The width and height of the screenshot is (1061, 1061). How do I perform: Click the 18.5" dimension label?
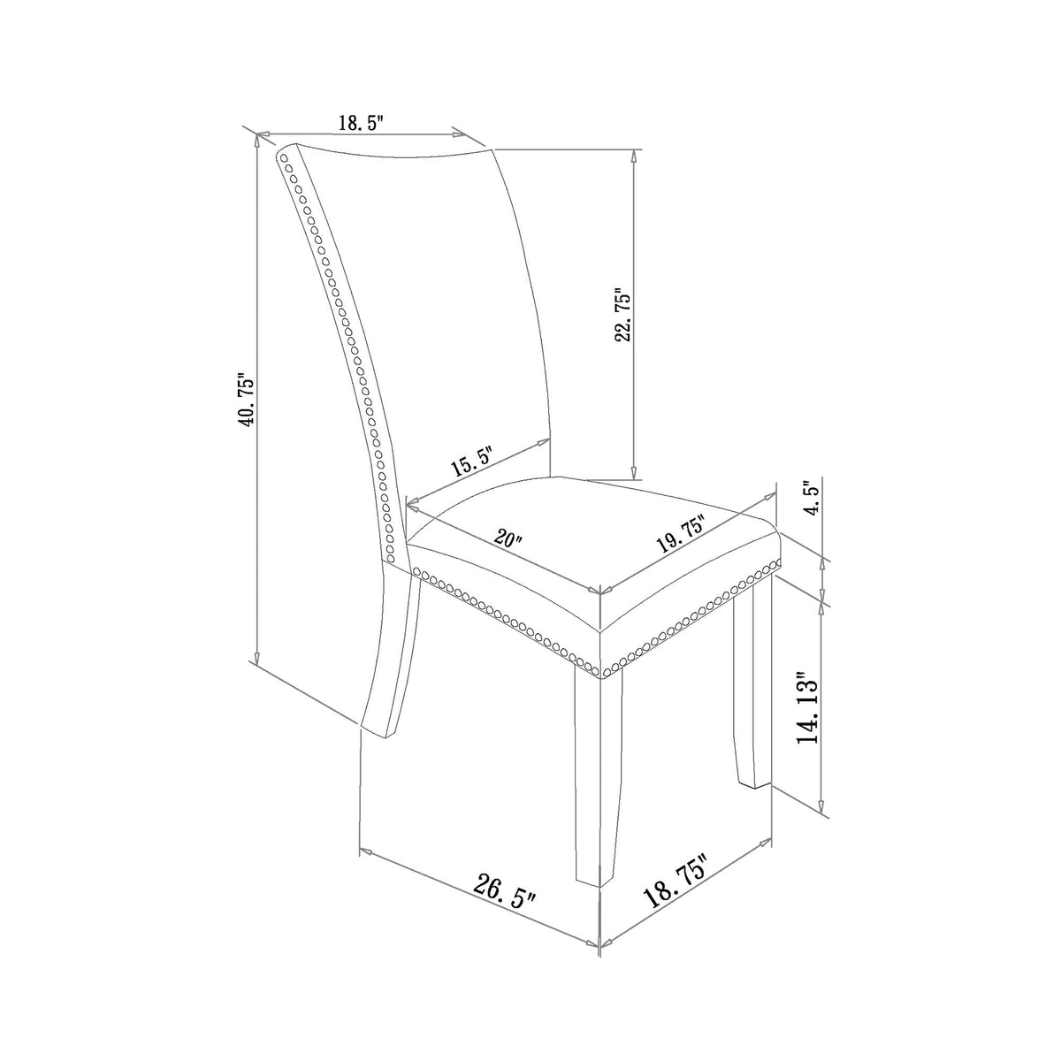[361, 122]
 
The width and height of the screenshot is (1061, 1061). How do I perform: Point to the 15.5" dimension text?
[470, 461]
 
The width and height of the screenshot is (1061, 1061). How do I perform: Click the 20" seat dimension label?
[508, 538]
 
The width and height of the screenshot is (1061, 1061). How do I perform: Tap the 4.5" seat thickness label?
[813, 496]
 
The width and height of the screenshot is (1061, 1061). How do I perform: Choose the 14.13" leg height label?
[808, 707]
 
